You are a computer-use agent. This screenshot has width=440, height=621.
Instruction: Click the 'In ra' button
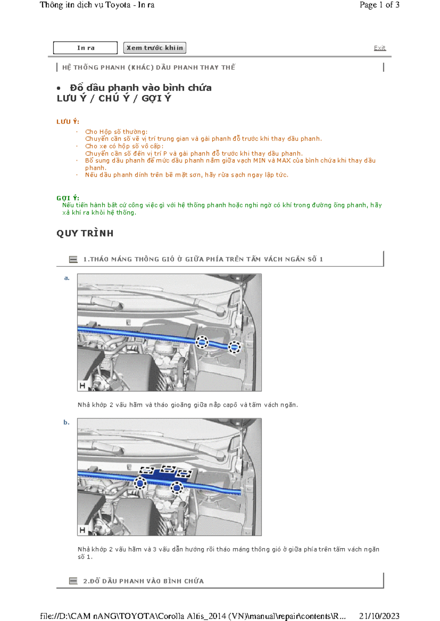[85, 48]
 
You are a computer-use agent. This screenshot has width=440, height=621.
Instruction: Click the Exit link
[379, 48]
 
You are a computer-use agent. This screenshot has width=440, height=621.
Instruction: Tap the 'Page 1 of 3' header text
[379, 5]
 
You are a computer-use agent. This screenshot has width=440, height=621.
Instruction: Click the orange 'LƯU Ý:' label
[68, 122]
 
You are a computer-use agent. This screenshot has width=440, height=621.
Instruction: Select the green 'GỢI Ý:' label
[68, 198]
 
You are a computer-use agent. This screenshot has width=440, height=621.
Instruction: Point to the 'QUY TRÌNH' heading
[85, 233]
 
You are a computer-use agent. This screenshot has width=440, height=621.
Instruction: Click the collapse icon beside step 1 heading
[73, 259]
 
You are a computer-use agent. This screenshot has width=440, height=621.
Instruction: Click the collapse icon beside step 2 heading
[73, 581]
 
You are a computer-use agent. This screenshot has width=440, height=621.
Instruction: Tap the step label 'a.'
[67, 278]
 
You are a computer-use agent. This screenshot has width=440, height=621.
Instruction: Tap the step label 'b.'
[66, 422]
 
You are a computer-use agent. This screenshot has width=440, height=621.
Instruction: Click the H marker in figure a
[82, 386]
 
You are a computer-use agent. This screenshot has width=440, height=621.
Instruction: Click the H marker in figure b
[82, 530]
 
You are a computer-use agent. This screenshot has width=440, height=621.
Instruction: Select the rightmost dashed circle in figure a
[234, 346]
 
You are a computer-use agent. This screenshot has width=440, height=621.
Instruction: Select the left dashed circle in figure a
[202, 342]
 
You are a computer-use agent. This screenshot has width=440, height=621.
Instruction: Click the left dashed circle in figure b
[140, 483]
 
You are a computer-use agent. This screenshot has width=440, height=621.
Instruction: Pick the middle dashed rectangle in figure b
[168, 469]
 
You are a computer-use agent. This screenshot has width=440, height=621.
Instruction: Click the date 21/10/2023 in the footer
[379, 616]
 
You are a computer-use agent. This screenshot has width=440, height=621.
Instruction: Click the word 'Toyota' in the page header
[118, 5]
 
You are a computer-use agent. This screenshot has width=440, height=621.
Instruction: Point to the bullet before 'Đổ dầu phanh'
[59, 88]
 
